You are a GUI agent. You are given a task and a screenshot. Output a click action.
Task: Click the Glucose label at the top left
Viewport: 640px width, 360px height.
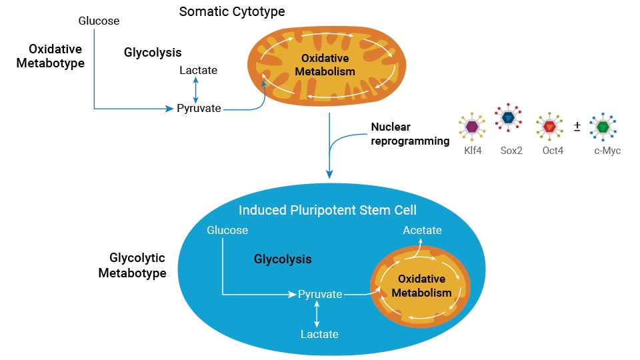tap(99, 21)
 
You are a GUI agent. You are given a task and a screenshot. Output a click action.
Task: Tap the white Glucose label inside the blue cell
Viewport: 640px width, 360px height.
tap(227, 231)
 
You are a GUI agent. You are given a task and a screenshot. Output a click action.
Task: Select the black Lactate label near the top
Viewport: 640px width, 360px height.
tap(198, 70)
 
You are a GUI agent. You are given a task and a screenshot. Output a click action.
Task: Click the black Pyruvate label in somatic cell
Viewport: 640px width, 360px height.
tap(199, 108)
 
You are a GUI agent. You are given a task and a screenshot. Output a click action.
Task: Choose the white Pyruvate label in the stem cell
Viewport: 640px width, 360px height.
tap(320, 294)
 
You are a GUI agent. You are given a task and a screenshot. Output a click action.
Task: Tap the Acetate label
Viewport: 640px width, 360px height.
tap(422, 230)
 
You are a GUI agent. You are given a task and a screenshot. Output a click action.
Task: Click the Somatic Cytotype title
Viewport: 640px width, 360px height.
tap(232, 12)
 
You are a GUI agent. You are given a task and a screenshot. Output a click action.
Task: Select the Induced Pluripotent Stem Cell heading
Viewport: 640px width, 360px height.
tap(327, 211)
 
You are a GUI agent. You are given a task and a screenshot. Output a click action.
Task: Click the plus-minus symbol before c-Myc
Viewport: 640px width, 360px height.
tap(577, 125)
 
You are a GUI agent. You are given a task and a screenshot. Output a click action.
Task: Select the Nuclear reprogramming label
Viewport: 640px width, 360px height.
tap(409, 133)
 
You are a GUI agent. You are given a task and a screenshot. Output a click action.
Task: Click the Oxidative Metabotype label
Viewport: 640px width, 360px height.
tap(57, 56)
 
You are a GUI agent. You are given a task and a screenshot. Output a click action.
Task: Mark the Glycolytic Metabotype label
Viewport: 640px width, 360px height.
tap(132, 265)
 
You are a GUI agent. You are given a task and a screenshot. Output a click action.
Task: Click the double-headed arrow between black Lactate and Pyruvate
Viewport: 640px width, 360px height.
tap(195, 89)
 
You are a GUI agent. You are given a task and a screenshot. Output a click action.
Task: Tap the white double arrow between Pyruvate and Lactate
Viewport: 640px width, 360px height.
tap(318, 314)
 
